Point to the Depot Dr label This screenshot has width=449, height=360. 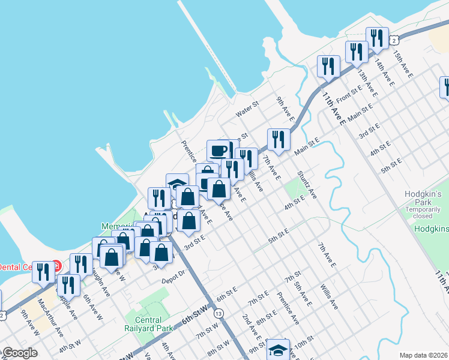175,279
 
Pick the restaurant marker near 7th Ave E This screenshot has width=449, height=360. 279,140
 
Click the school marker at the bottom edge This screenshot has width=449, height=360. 278,350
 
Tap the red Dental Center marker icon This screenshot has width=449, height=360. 56,265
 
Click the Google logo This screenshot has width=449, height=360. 19,353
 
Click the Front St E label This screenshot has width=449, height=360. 349,94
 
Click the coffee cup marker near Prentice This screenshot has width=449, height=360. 218,150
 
